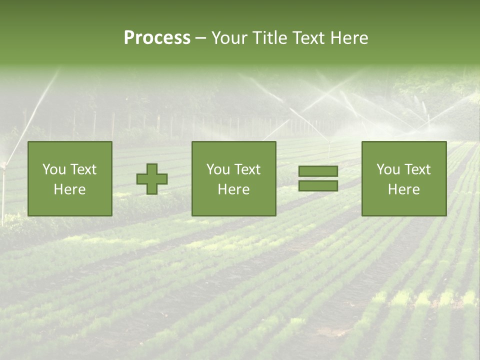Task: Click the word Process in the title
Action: pyautogui.click(x=157, y=38)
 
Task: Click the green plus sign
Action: pyautogui.click(x=152, y=179)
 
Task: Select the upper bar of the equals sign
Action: pyautogui.click(x=318, y=171)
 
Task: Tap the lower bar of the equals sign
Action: pyautogui.click(x=318, y=186)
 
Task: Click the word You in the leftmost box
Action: pyautogui.click(x=53, y=169)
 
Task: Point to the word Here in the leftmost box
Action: pyautogui.click(x=69, y=189)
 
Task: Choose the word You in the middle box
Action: pyautogui.click(x=218, y=169)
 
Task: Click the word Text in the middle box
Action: pyautogui.click(x=247, y=169)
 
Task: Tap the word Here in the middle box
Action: pyautogui.click(x=233, y=189)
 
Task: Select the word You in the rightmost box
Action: pyautogui.click(x=388, y=169)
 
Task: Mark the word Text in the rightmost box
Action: pyautogui.click(x=417, y=169)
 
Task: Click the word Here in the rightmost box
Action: pyautogui.click(x=403, y=189)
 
